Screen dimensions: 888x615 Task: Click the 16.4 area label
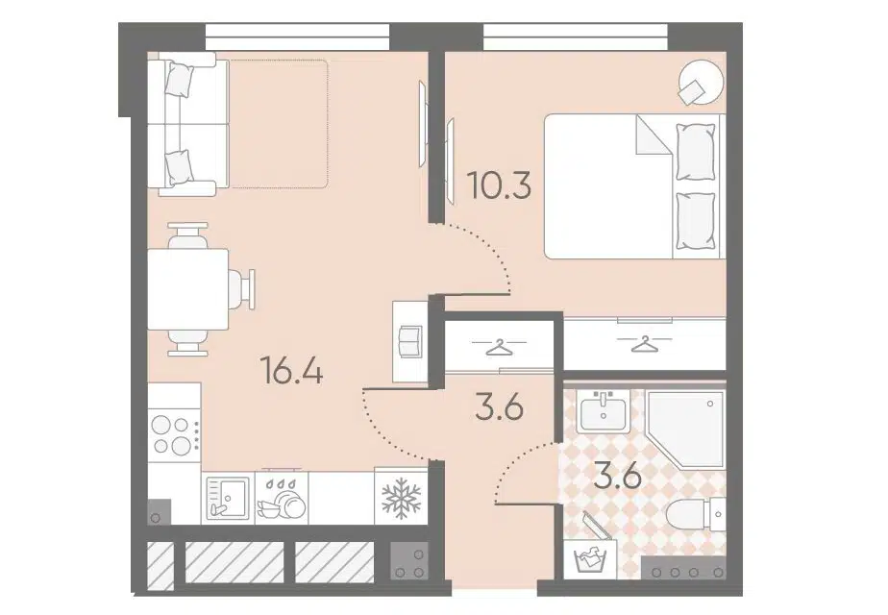[x=291, y=372]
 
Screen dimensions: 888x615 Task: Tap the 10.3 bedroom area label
[x=500, y=184]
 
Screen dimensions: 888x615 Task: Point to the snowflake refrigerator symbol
[x=401, y=498]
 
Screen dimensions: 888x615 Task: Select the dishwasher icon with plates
[x=282, y=499]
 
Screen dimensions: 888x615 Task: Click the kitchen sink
[x=228, y=497]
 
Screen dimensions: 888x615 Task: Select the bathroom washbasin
[x=604, y=411]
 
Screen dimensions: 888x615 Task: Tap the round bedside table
[x=702, y=83]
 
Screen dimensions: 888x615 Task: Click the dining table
[x=188, y=289]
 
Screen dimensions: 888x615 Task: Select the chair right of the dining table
[x=243, y=289]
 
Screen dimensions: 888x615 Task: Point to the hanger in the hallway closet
[x=499, y=346]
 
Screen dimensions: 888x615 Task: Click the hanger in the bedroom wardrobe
[x=644, y=343]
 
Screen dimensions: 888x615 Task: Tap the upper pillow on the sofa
[x=180, y=80]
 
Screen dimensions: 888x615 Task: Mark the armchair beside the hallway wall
[x=410, y=341]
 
